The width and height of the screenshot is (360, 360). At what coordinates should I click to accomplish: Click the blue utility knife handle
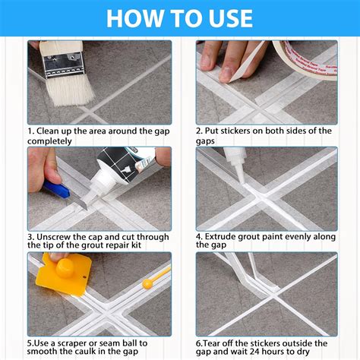(55, 189)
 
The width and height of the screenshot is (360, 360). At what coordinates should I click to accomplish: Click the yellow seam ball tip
(147, 283)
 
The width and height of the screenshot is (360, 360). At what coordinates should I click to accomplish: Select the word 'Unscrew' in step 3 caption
(55, 236)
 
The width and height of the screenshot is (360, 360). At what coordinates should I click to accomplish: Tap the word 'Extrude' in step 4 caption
(226, 236)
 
